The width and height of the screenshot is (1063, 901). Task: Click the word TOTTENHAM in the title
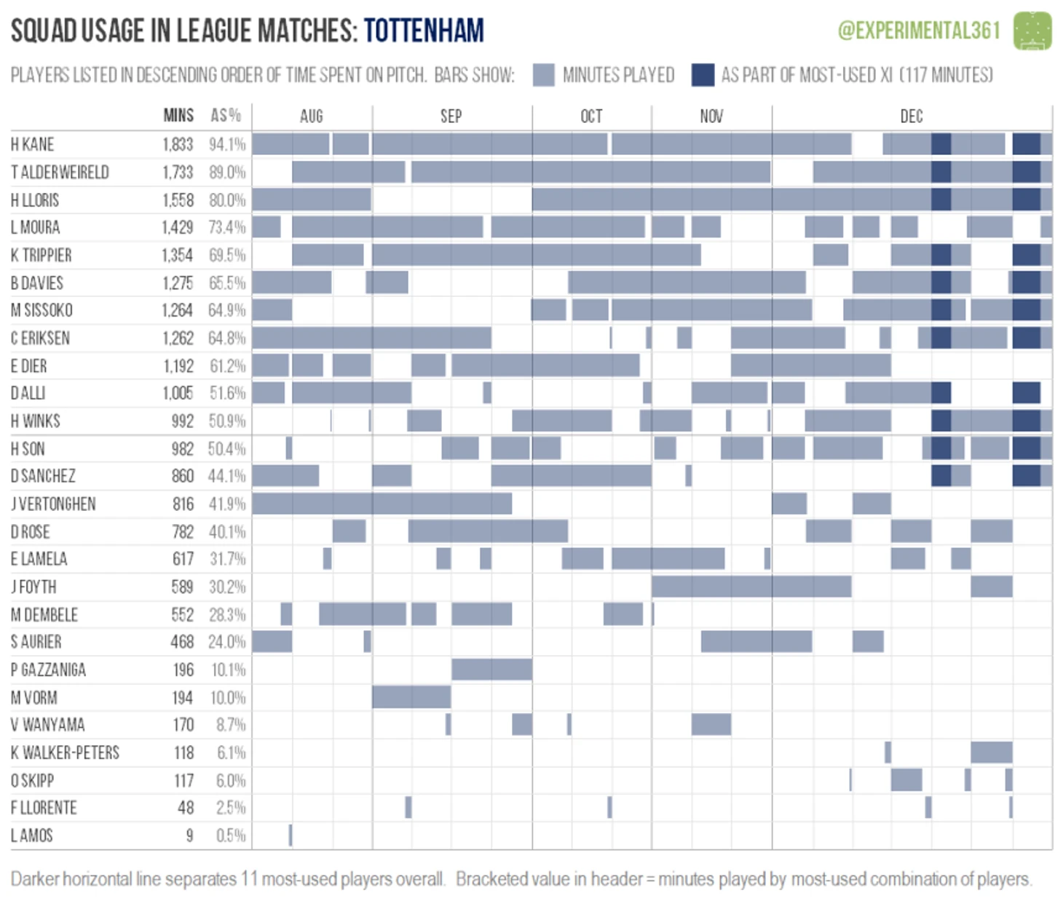pos(424,31)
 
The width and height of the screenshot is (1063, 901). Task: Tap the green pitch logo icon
pos(1032,31)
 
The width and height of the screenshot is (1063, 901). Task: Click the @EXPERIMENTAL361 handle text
pos(919,31)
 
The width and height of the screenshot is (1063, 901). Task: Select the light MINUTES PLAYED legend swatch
pos(543,75)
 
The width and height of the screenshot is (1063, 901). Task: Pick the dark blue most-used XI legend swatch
pos(703,75)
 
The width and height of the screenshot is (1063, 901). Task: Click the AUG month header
pos(311,116)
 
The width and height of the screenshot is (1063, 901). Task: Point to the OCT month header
pos(591,116)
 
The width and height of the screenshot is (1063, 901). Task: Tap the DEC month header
pos(911,116)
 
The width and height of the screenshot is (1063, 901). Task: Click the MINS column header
pos(178,116)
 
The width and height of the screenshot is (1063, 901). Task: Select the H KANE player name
pos(33,144)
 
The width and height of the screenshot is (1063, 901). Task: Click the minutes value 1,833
pos(178,144)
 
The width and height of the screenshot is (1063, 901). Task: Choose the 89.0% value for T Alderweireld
pos(227,172)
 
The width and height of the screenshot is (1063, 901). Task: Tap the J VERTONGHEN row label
pos(53,504)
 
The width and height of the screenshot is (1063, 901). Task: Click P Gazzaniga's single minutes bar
pos(491,670)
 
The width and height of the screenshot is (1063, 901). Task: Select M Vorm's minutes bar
pos(411,697)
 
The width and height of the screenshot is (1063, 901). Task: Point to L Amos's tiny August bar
pos(291,835)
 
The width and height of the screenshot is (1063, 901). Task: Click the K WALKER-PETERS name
pos(66,753)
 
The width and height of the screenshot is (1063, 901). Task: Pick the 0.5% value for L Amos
pos(231,835)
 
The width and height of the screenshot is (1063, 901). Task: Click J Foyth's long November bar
pos(751,586)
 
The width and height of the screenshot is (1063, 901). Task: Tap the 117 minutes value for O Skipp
pos(183,781)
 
